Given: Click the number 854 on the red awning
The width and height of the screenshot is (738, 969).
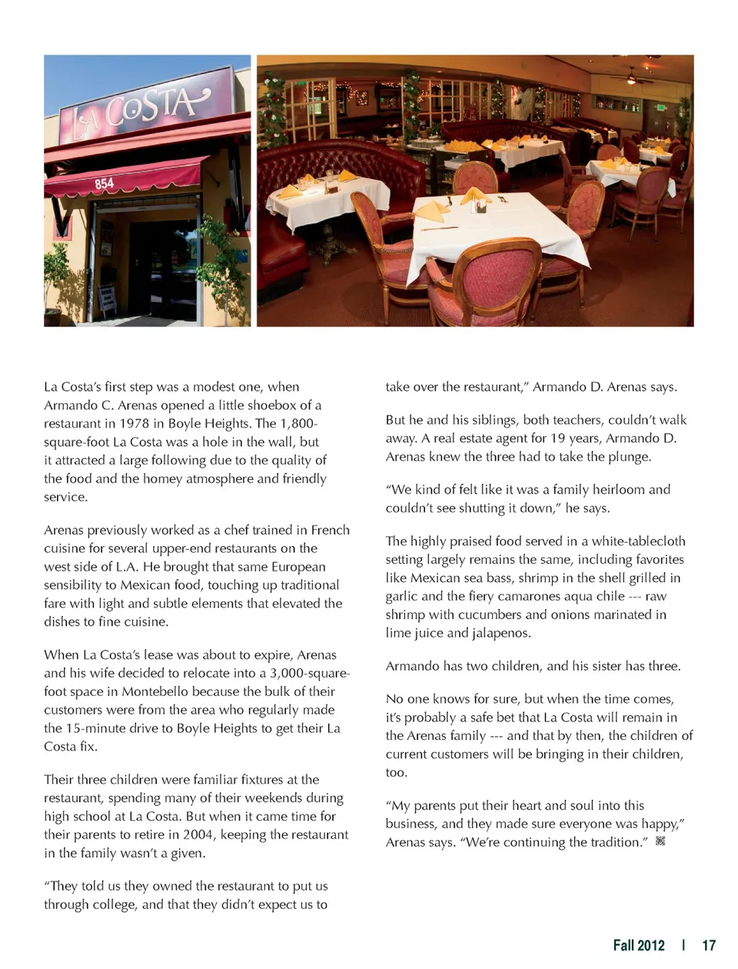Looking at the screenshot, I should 105,183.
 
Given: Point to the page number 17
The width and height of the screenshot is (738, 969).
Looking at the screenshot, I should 709,945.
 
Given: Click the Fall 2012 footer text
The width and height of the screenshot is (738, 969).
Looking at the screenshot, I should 639,945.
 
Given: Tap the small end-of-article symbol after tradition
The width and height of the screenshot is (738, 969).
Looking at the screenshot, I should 660,841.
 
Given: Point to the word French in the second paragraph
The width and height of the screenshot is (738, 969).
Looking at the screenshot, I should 331,530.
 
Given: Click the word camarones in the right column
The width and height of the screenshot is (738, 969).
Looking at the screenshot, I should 534,596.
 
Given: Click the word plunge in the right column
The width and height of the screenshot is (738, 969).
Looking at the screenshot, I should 630,457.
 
